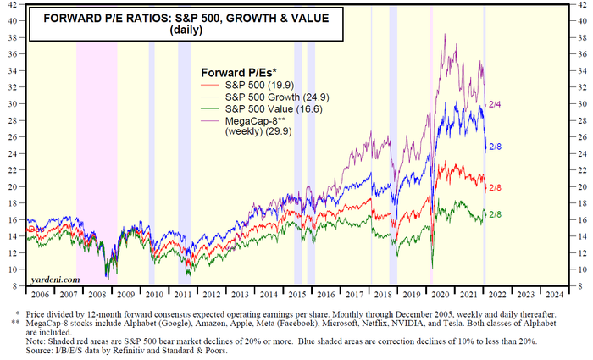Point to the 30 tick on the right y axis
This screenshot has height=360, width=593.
[579, 103]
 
